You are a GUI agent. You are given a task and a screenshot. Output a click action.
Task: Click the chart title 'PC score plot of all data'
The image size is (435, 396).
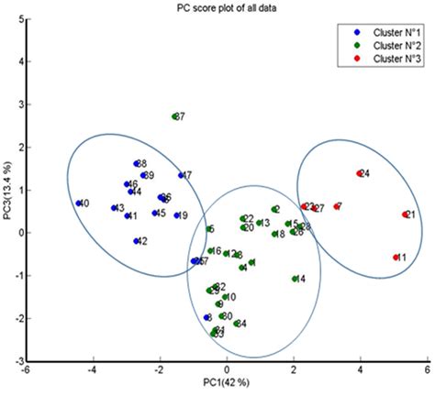tap(217, 7)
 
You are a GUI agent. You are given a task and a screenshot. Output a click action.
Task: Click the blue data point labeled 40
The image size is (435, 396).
tap(79, 203)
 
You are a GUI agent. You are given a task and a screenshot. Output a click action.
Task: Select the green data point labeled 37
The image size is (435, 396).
tap(174, 116)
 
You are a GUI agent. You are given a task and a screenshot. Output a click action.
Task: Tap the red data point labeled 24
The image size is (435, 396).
tap(359, 173)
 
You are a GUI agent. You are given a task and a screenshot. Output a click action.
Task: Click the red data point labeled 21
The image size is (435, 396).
tap(405, 214)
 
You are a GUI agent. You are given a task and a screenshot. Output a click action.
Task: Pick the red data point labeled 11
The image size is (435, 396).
tap(396, 258)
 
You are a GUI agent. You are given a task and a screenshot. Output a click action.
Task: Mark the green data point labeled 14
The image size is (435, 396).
tap(295, 279)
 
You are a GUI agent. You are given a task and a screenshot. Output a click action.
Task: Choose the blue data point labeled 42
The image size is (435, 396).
tap(136, 241)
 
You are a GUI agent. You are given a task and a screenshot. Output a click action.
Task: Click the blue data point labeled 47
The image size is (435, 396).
tap(181, 175)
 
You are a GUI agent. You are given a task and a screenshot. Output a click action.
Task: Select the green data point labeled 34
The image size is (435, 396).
tap(237, 324)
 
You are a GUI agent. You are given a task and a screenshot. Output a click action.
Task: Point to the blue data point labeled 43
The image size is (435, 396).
tap(114, 208)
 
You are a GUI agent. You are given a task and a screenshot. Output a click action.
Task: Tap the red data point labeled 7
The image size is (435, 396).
tap(336, 206)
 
